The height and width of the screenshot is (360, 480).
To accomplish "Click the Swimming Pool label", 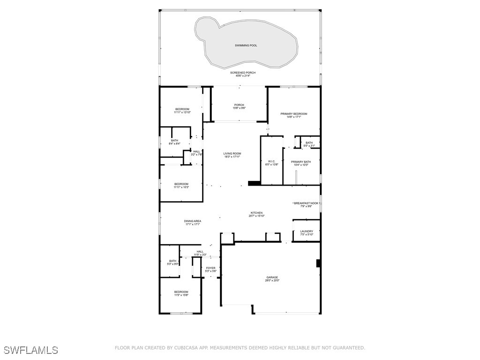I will (246, 45).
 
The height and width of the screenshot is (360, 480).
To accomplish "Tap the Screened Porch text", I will (243, 73).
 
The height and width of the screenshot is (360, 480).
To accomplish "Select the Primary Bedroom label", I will (294, 114).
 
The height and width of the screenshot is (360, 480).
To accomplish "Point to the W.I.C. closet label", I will (272, 162).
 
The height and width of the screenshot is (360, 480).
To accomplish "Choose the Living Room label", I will (232, 154).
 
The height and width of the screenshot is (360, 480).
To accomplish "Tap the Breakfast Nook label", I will (307, 203).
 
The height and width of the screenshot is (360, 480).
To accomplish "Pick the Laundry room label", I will (307, 232).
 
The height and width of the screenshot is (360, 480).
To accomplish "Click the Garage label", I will (272, 277).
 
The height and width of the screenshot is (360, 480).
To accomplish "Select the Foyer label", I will (211, 268).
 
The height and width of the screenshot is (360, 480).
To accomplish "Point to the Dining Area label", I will (193, 221).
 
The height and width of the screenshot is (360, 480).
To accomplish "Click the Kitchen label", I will (256, 213).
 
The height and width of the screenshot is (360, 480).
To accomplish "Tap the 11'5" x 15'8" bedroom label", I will (181, 292).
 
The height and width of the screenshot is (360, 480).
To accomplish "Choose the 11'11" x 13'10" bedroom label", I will (182, 109).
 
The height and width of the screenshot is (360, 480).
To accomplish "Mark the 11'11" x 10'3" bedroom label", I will (181, 184).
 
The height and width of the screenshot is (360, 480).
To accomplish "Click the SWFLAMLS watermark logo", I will (31, 350).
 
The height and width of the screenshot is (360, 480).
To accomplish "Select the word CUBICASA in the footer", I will (187, 348).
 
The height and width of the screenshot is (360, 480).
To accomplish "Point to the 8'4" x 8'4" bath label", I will (174, 141).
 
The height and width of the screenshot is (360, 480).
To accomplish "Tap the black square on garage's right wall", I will (319, 263).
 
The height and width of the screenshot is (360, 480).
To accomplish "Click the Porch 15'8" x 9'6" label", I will (240, 105).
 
